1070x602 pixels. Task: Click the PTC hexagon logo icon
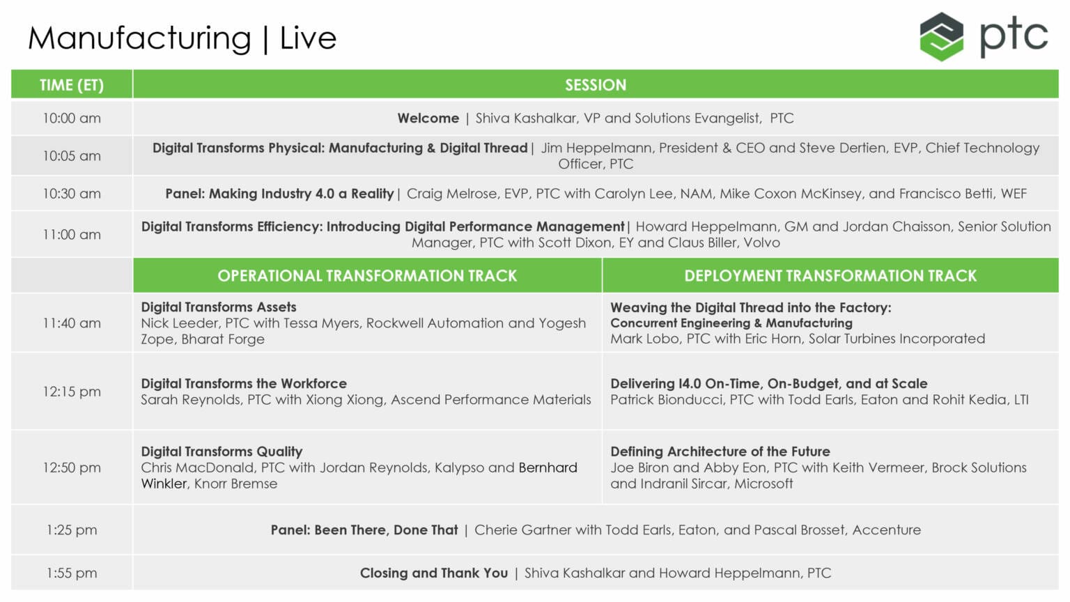click(941, 37)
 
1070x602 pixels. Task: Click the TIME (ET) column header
click(72, 84)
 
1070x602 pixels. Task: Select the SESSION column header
click(596, 84)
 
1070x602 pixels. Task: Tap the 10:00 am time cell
click(72, 118)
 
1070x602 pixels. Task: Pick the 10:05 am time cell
click(72, 156)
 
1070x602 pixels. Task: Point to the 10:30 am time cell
click(72, 194)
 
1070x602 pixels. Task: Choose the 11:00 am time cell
click(72, 235)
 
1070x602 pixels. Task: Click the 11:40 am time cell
click(72, 323)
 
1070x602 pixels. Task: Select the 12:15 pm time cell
click(72, 392)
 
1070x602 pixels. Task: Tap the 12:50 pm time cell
click(72, 468)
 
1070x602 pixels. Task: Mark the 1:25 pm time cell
click(72, 530)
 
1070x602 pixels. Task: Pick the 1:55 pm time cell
click(72, 573)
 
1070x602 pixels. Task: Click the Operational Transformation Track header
click(367, 276)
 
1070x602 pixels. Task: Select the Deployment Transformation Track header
click(830, 276)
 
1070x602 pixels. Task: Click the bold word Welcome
click(428, 118)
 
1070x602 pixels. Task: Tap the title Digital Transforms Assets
click(218, 307)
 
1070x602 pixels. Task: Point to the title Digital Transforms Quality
click(222, 451)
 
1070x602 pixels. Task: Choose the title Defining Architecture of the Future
click(720, 451)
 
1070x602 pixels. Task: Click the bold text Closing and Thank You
click(434, 573)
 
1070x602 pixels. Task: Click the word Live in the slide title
click(308, 38)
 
